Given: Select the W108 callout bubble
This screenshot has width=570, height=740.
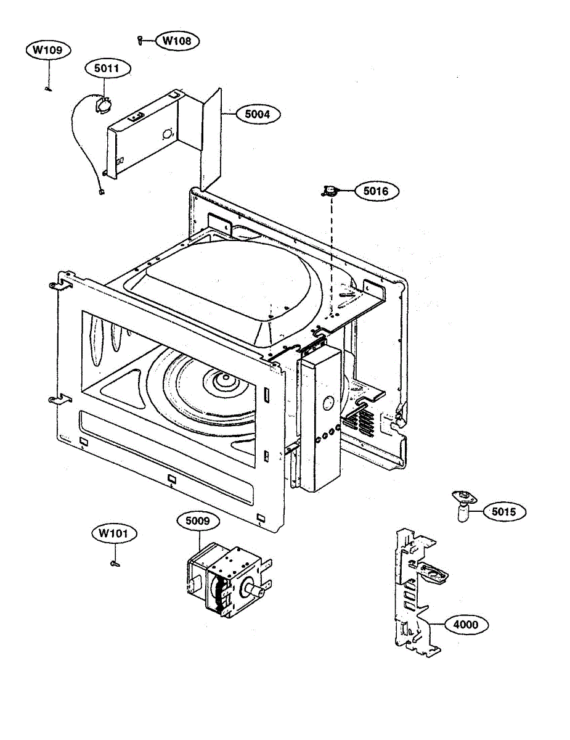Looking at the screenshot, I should (x=177, y=41).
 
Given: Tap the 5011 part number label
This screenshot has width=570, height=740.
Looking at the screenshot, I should (x=107, y=69).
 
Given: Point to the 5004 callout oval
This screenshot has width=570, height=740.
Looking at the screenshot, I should (x=257, y=113).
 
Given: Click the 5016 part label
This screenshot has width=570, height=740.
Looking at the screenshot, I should (x=376, y=191).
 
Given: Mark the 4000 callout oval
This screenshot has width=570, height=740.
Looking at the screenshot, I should (x=465, y=624).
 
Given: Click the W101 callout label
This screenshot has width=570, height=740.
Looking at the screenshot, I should (x=115, y=533).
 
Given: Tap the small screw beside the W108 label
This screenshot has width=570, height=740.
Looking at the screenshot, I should (x=140, y=41).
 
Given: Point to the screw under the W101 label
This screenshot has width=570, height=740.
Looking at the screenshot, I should (x=115, y=562).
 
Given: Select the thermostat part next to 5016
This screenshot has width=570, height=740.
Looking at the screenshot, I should (x=331, y=192).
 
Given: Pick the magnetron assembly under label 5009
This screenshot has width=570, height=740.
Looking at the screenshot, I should (x=225, y=580).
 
